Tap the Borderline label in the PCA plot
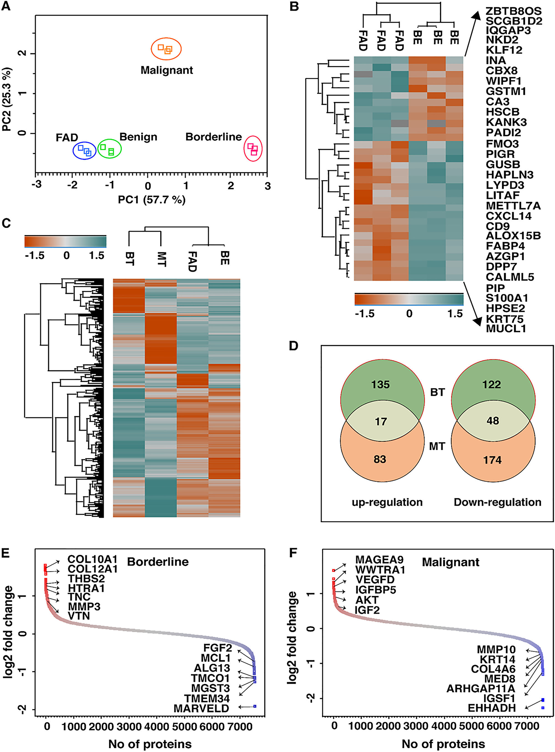click(213, 137)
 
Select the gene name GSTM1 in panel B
click(506, 91)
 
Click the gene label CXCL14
click(508, 216)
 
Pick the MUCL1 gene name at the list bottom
click(506, 329)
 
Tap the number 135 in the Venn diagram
click(380, 384)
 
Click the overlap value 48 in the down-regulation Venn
click(493, 421)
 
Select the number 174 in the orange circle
click(492, 460)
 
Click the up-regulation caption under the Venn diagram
click(387, 502)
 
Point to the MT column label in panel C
click(161, 259)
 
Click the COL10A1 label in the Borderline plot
click(92, 559)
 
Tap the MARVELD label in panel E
click(201, 708)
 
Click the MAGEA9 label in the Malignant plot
click(379, 560)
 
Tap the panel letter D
click(293, 346)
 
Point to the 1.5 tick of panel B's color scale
click(455, 314)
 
